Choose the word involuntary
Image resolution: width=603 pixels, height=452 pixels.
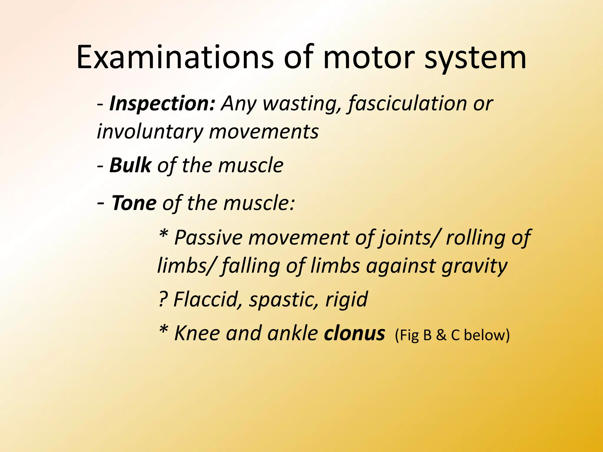(x=150, y=132)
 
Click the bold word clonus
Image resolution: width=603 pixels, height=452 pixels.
(x=354, y=333)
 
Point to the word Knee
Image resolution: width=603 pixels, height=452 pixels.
(x=197, y=333)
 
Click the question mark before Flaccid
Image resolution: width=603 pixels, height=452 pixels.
(x=163, y=299)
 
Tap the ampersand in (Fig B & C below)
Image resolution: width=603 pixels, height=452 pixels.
(x=441, y=335)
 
